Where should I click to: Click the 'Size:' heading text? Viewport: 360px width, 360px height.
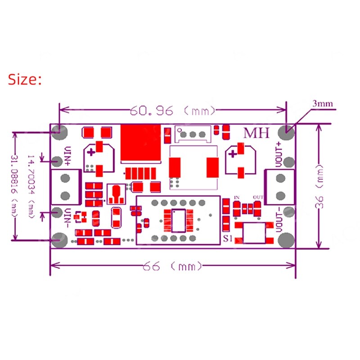[25, 80]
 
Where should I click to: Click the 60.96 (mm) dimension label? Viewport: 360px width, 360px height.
[173, 110]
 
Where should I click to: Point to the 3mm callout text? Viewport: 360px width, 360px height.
[323, 104]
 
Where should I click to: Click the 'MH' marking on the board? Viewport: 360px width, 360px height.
[256, 133]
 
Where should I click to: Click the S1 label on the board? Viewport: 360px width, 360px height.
[227, 239]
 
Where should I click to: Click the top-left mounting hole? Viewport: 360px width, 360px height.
[58, 132]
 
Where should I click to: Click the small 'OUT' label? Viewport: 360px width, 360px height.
[258, 198]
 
